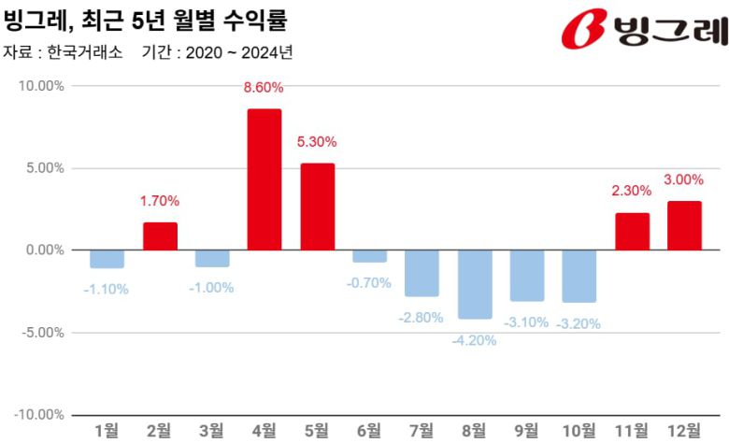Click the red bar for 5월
pos(317,207)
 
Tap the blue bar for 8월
pos(475,285)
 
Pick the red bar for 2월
pos(160,236)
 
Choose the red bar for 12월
pos(684,225)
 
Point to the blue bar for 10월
pos(579,277)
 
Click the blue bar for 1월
pos(107,259)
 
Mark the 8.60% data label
pos(264,87)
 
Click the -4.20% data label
pos(474,340)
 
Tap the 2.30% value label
pos(632,190)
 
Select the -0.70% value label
pos(369,282)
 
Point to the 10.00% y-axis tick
pos(40,86)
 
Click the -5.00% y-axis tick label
pos(40,332)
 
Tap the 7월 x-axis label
pos(422,430)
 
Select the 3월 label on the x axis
pos(212,430)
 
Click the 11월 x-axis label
pos(632,430)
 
